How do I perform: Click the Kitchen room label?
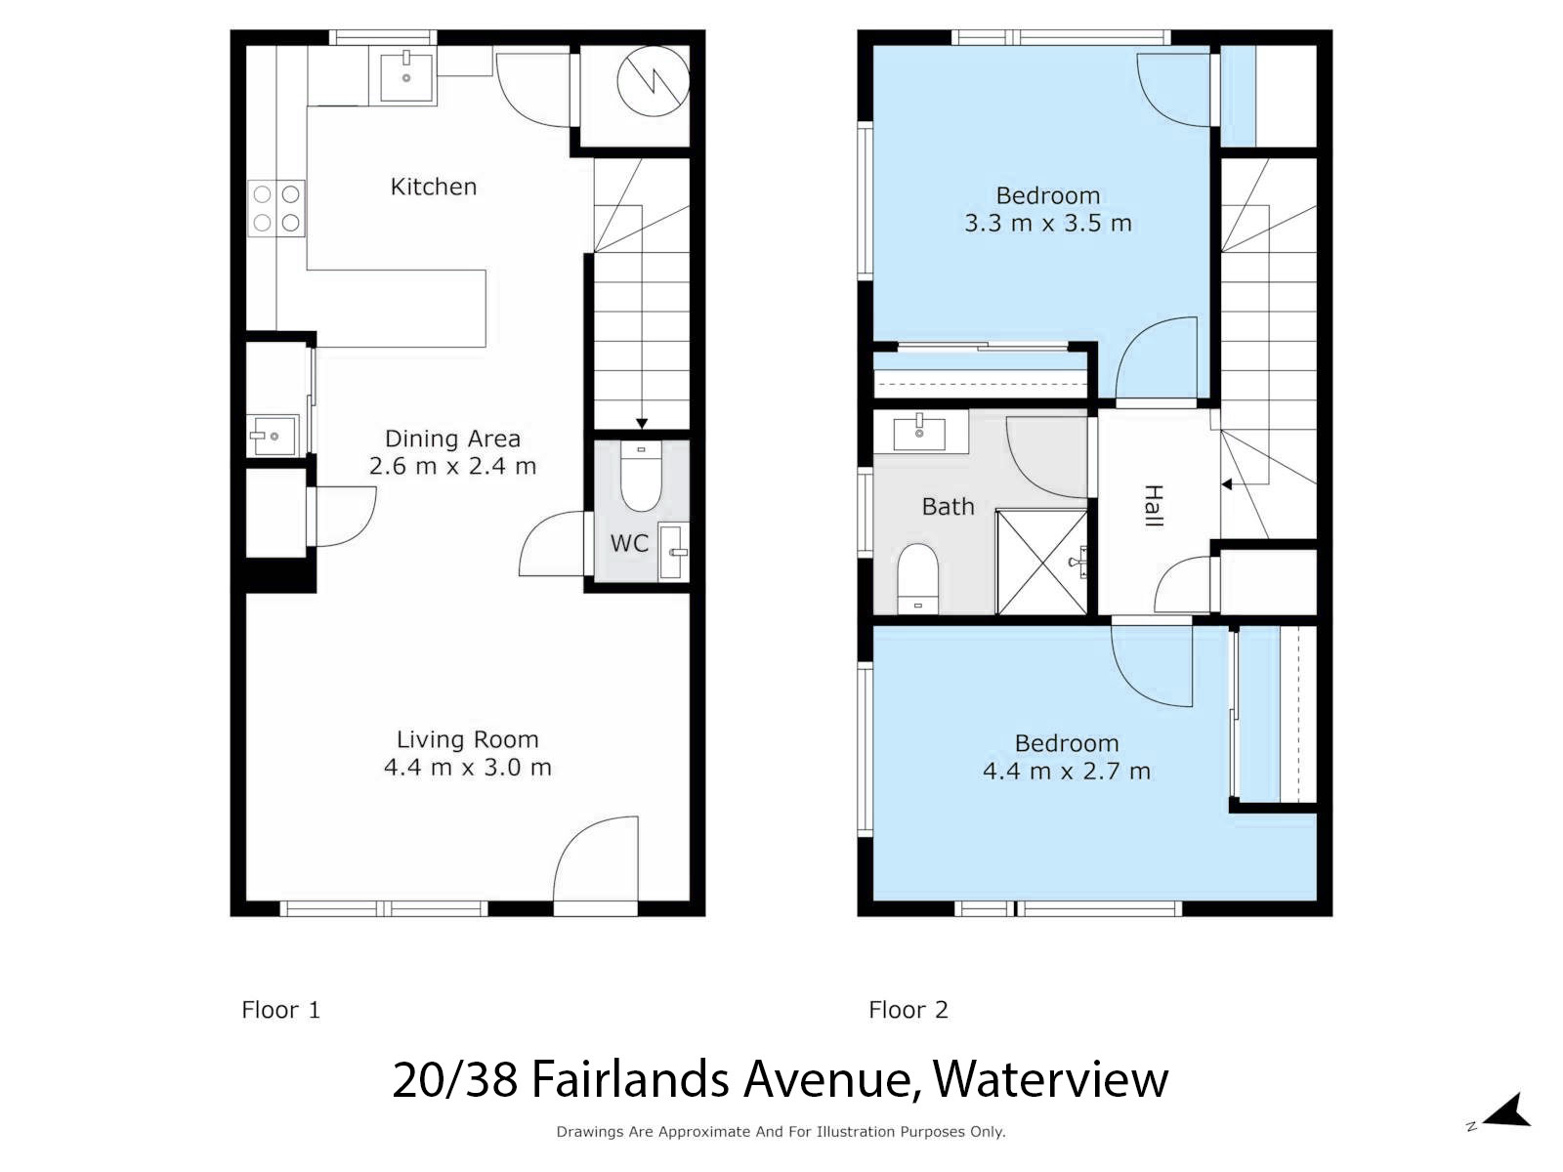coord(433,187)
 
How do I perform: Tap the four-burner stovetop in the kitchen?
coord(276,208)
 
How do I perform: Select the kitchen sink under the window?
coord(405,77)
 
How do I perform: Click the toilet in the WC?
coord(641,476)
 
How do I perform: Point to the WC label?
coord(629,544)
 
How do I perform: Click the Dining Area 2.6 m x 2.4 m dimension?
coord(453,466)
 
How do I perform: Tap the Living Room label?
coord(467,739)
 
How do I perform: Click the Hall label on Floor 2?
coord(1153,506)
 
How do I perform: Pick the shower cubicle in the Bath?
coord(1041,562)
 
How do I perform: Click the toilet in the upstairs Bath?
coord(917,578)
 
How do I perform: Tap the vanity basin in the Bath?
coord(919,432)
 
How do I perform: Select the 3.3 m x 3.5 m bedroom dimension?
coord(1047,224)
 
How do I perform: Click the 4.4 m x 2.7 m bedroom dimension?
coord(1066,771)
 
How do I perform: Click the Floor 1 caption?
coord(280,1010)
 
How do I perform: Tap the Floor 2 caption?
coord(908,1010)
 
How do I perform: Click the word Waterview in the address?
coord(1050,1080)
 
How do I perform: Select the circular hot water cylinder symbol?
coord(653,82)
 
